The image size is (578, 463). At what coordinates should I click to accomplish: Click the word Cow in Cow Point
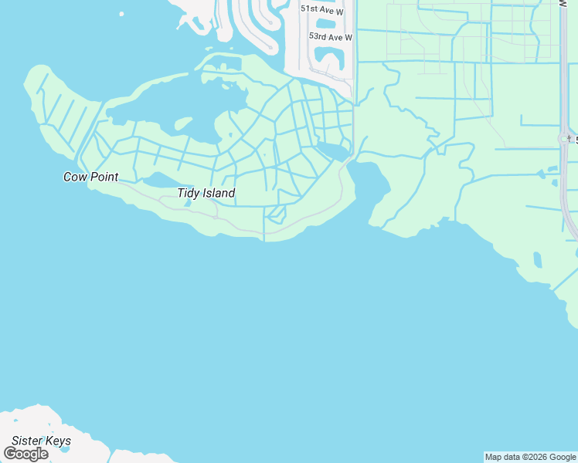[75, 177]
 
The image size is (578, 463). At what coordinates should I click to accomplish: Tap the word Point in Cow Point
[103, 177]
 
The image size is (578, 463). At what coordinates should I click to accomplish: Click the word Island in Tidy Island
[219, 193]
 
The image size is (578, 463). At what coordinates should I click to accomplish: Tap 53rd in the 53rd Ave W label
[317, 37]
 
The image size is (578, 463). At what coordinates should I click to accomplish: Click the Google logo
[25, 454]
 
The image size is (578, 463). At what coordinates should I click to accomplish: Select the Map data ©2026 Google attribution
[531, 457]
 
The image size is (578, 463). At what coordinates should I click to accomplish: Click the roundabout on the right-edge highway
[565, 139]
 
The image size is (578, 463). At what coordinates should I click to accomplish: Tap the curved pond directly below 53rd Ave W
[330, 56]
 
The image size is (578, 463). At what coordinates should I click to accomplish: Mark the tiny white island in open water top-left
[121, 13]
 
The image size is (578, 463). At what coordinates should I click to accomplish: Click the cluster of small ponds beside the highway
[552, 179]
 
